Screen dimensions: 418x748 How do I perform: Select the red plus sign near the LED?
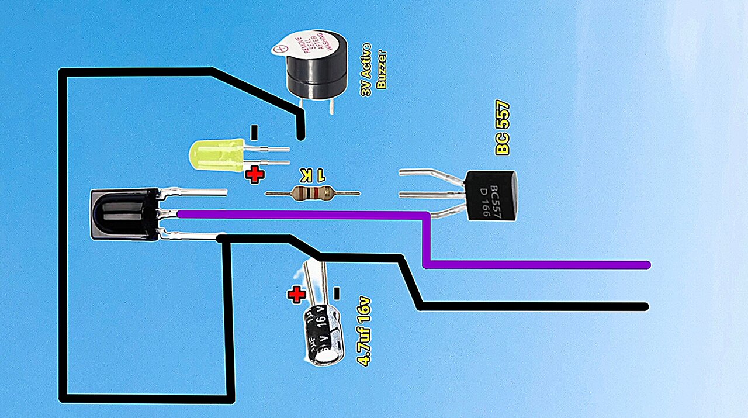pyautogui.click(x=255, y=174)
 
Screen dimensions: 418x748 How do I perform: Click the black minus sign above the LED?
pyautogui.click(x=254, y=133)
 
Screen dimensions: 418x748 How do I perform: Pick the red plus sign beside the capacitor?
pyautogui.click(x=297, y=294)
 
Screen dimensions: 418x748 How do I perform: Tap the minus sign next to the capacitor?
pyautogui.click(x=337, y=291)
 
